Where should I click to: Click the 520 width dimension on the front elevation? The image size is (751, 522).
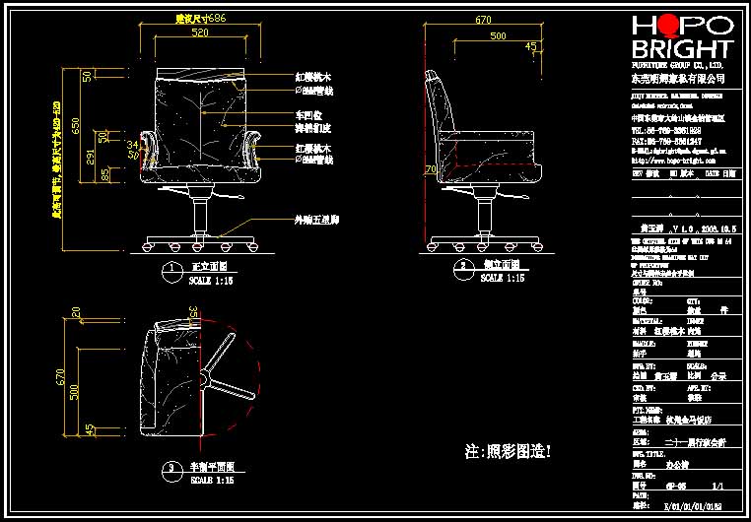[200, 33]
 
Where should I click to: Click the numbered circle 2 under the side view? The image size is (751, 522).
[461, 266]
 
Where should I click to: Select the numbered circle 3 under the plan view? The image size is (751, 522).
[171, 467]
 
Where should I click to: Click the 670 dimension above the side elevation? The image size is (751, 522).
[483, 19]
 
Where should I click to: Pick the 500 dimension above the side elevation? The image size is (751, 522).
[499, 35]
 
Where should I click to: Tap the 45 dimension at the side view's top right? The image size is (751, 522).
[531, 46]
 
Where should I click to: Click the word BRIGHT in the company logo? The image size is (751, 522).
[681, 49]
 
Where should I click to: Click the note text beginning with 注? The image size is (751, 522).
[508, 452]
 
